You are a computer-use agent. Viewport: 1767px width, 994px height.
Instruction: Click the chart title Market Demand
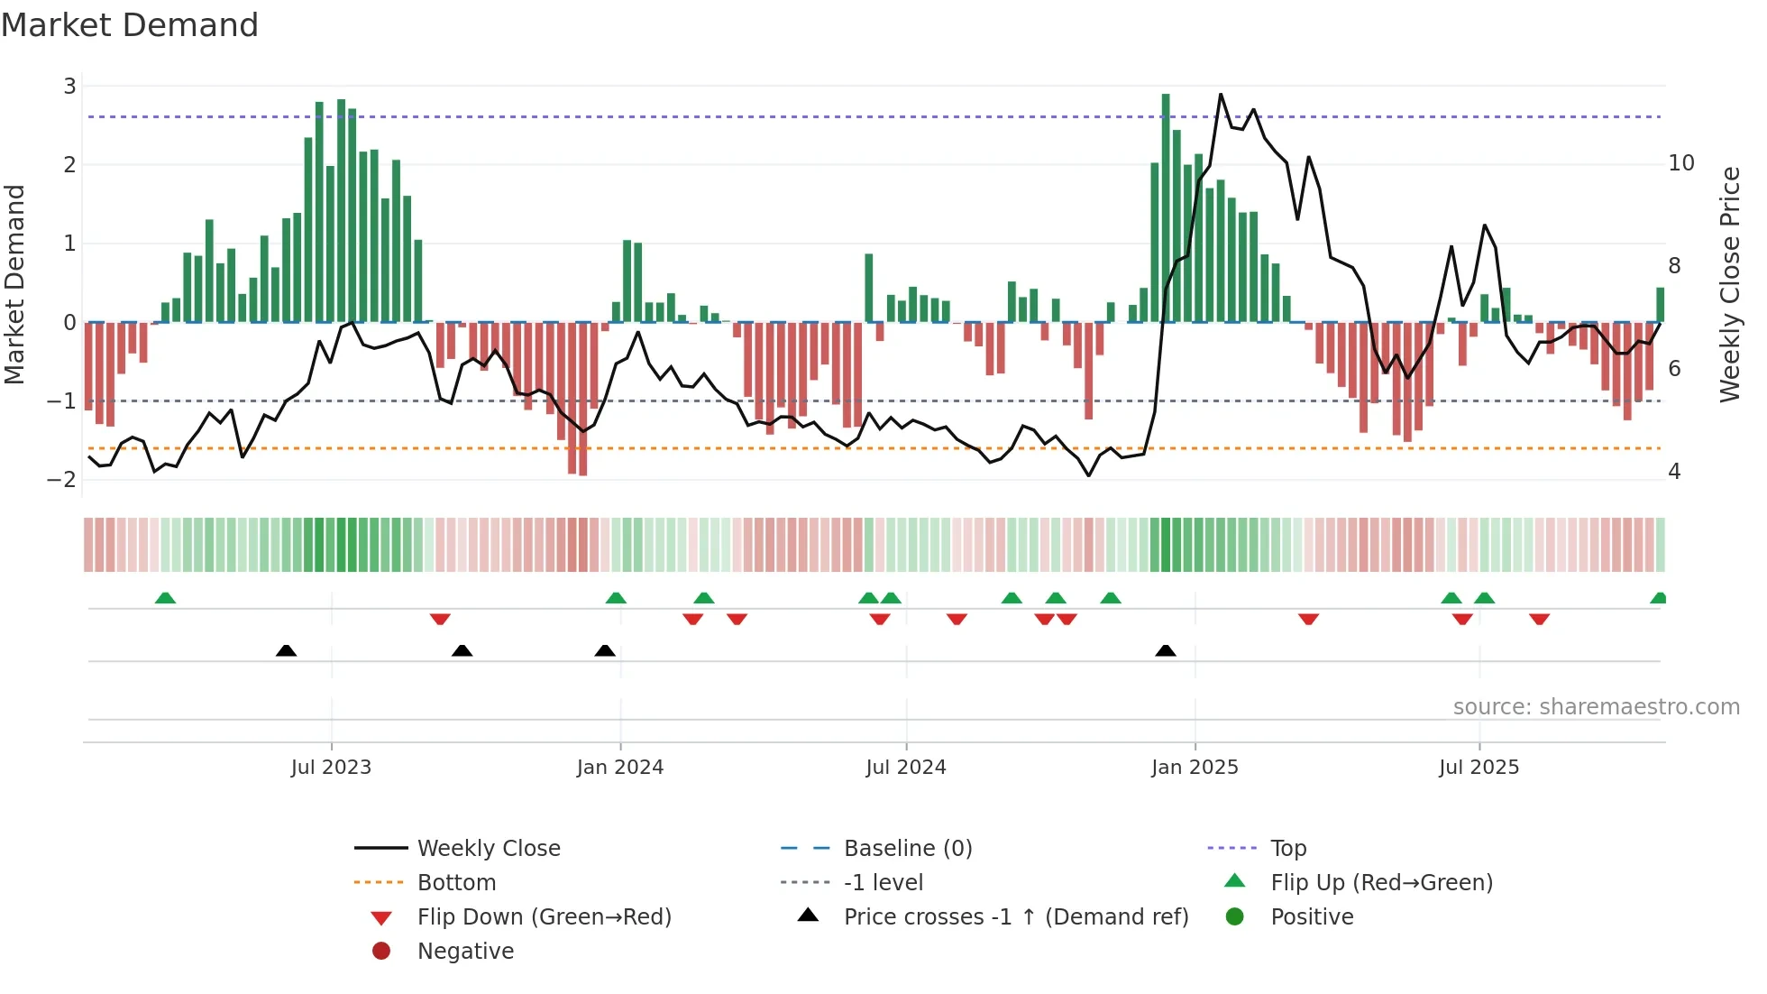pyautogui.click(x=130, y=25)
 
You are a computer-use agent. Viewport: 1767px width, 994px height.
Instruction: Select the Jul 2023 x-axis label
pyautogui.click(x=331, y=768)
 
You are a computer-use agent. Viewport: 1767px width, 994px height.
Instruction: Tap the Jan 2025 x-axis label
pyautogui.click(x=1195, y=768)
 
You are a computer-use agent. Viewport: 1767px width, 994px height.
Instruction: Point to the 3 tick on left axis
pyautogui.click(x=69, y=87)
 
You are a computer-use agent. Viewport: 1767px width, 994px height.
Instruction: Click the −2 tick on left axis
pyautogui.click(x=62, y=479)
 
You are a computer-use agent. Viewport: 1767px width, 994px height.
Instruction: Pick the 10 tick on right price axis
pyautogui.click(x=1681, y=163)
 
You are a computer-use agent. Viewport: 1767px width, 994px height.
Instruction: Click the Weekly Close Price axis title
pyautogui.click(x=1729, y=284)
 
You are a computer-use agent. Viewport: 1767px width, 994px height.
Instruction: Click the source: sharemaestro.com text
pyautogui.click(x=1596, y=707)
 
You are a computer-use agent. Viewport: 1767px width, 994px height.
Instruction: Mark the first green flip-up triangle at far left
pyautogui.click(x=165, y=598)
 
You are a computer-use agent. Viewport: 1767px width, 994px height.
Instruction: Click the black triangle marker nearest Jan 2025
pyautogui.click(x=1166, y=650)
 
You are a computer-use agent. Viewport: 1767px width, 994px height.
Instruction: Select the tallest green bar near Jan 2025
pyautogui.click(x=1166, y=207)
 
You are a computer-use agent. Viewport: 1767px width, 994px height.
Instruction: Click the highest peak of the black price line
pyautogui.click(x=1221, y=95)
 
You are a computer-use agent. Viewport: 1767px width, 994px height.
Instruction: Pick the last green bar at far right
pyautogui.click(x=1660, y=305)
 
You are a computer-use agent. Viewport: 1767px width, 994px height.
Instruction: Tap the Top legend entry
pyautogui.click(x=1287, y=849)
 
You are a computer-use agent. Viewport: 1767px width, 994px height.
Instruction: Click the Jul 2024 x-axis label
pyautogui.click(x=906, y=768)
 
